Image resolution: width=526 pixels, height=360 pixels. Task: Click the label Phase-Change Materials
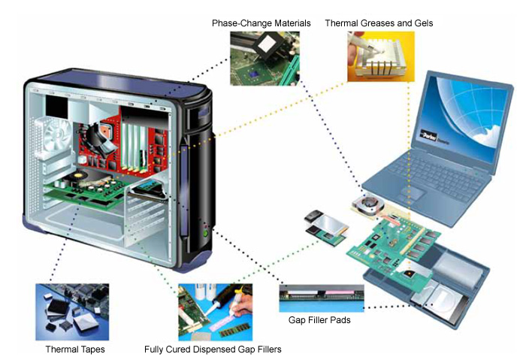pyautogui.click(x=261, y=23)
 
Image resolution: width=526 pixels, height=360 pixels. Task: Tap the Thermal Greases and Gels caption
pyautogui.click(x=378, y=23)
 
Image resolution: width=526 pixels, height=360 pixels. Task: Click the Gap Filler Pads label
pyautogui.click(x=320, y=320)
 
